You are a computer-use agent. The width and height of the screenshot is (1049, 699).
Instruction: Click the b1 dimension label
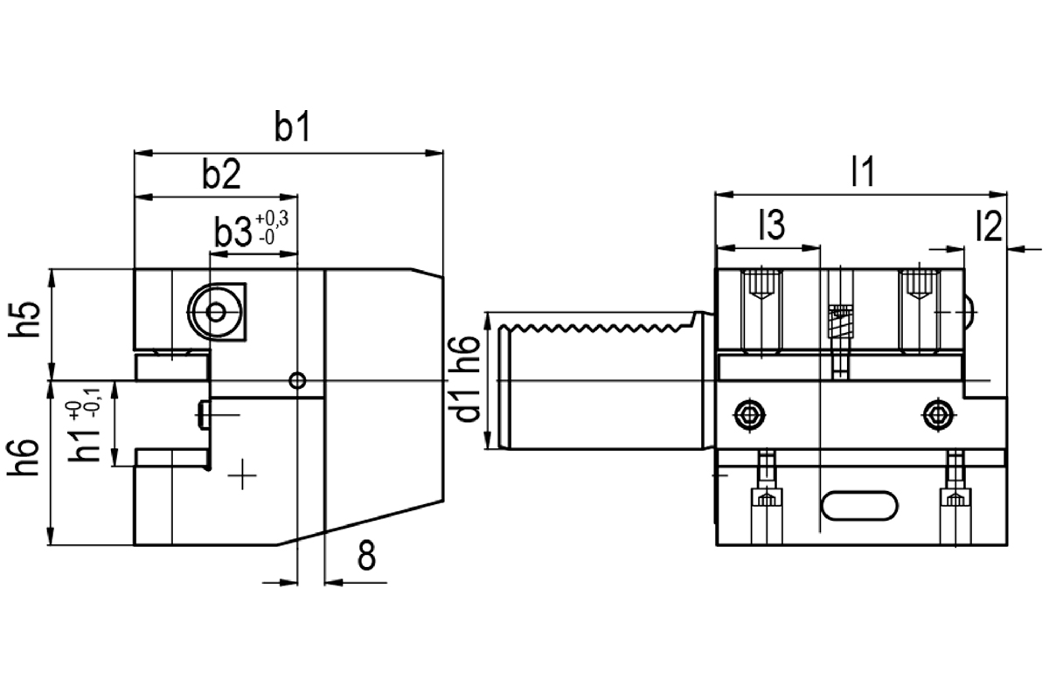(293, 128)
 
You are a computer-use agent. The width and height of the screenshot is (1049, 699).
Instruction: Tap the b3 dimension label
(230, 232)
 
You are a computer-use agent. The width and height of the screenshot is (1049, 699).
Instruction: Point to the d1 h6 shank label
(469, 378)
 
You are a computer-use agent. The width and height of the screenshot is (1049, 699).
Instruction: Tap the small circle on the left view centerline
(298, 380)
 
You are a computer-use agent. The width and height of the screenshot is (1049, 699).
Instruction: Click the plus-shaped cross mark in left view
(243, 475)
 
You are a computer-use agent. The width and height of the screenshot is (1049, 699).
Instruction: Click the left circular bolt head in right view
(749, 413)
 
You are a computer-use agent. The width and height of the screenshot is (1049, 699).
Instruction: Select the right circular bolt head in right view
(939, 413)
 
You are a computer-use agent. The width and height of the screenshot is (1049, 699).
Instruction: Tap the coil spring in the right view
(841, 323)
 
